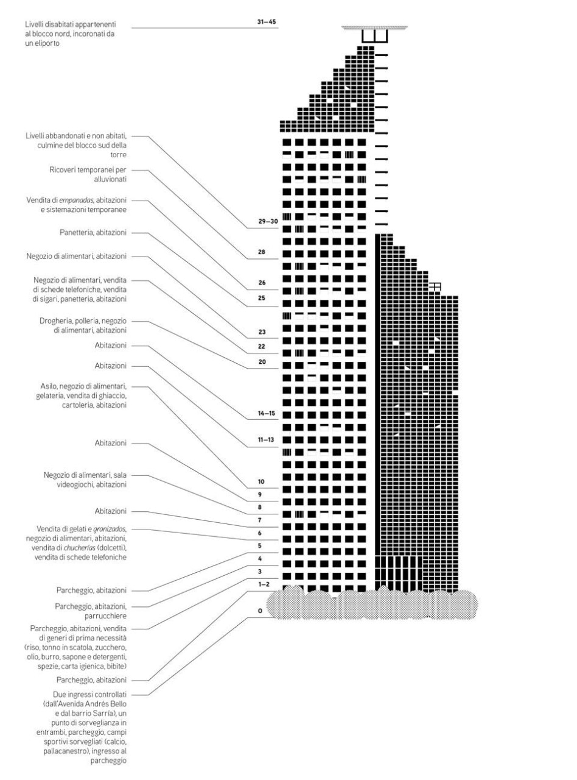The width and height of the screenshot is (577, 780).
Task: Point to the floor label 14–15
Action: (x=267, y=413)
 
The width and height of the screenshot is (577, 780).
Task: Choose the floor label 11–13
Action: (x=267, y=439)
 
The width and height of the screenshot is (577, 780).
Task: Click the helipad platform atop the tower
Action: (x=374, y=27)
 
